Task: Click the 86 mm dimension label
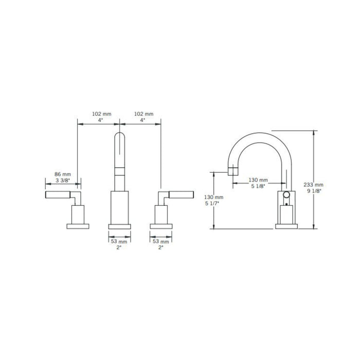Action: pos(62,174)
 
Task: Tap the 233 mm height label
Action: pos(313,185)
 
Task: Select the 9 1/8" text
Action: pos(314,191)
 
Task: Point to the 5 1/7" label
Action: pos(212,203)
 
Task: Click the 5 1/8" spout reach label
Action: pos(258,186)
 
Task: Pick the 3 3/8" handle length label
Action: pos(63,181)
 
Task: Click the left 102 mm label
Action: pos(101,114)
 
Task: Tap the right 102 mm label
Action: pos(143,114)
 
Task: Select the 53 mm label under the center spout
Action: pos(119,242)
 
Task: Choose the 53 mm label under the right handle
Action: pos(160,242)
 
